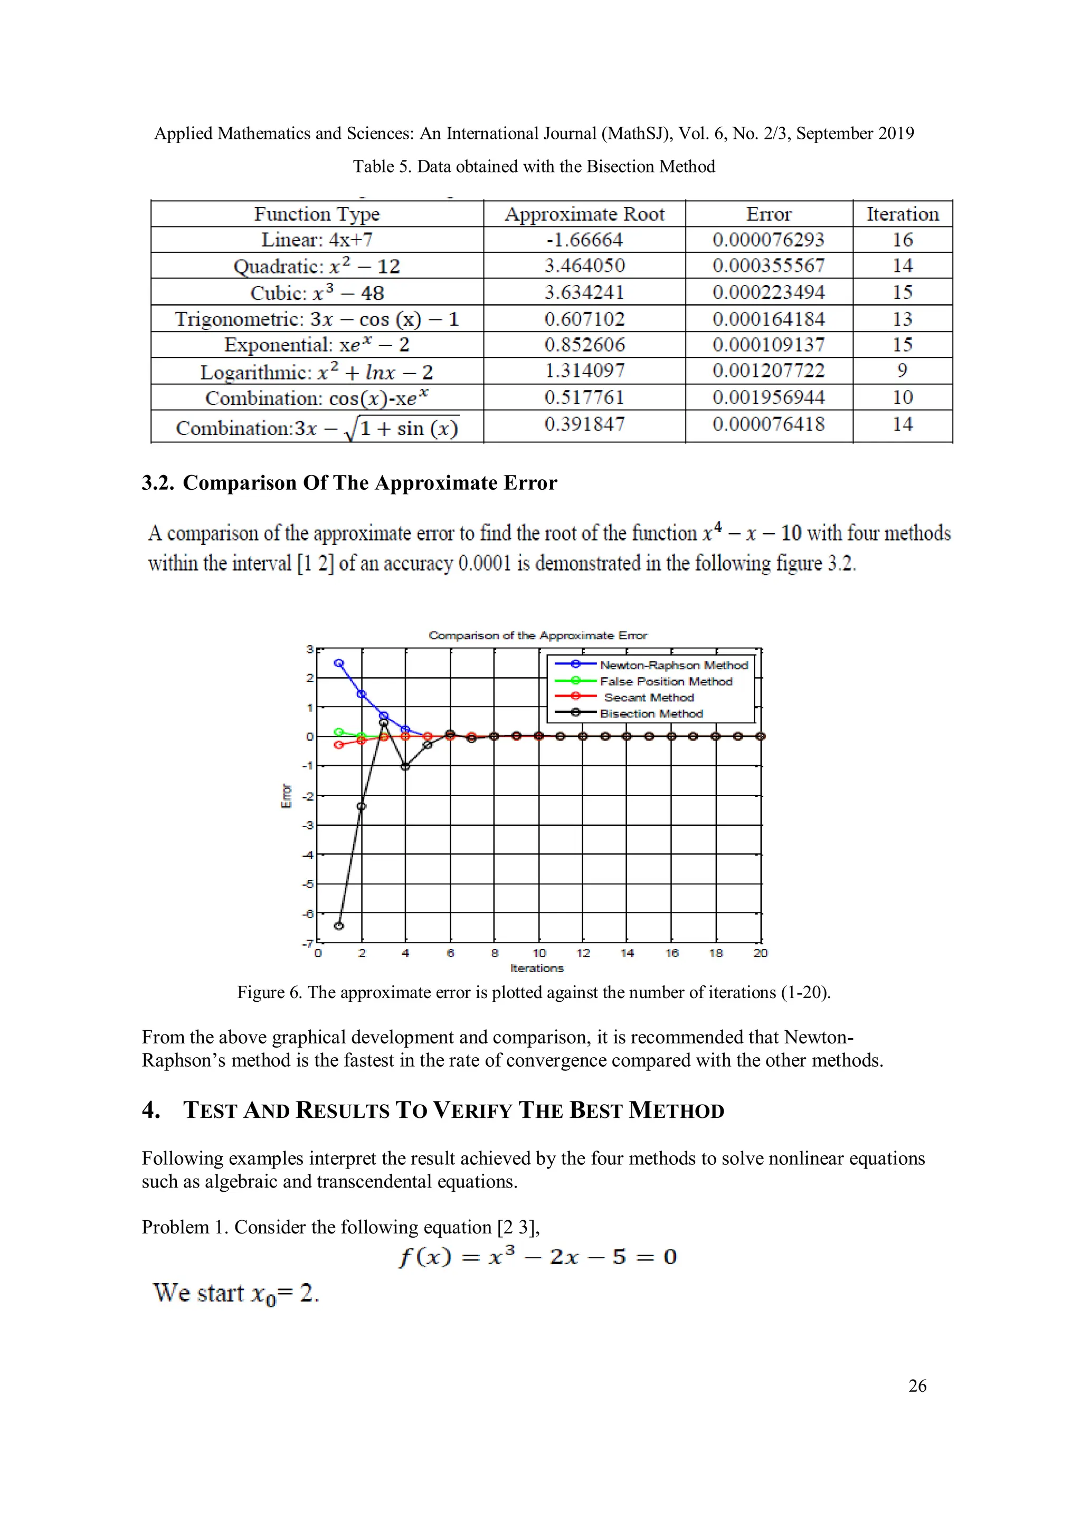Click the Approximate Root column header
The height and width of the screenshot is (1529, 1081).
point(584,214)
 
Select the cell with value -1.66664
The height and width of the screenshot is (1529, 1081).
point(584,240)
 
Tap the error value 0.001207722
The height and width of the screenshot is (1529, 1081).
point(768,371)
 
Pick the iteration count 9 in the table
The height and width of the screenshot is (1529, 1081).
point(902,371)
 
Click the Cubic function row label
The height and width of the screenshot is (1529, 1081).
point(317,292)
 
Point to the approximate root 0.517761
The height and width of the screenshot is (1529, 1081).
point(584,397)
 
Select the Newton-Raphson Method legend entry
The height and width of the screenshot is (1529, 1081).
point(674,665)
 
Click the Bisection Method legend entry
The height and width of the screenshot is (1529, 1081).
point(651,713)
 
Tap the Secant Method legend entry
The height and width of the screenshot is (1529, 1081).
point(648,697)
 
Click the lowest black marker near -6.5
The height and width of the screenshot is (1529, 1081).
point(338,926)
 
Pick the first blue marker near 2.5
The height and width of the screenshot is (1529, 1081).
point(338,663)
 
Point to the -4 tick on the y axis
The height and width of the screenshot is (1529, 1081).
point(308,854)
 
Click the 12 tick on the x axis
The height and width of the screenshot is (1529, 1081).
point(583,953)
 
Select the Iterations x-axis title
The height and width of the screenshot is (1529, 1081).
point(537,968)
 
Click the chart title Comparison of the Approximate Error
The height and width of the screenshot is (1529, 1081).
point(537,635)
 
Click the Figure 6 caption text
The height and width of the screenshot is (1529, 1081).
point(534,992)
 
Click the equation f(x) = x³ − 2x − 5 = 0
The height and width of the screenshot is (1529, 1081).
point(537,1257)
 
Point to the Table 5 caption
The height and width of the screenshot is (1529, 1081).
point(534,166)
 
